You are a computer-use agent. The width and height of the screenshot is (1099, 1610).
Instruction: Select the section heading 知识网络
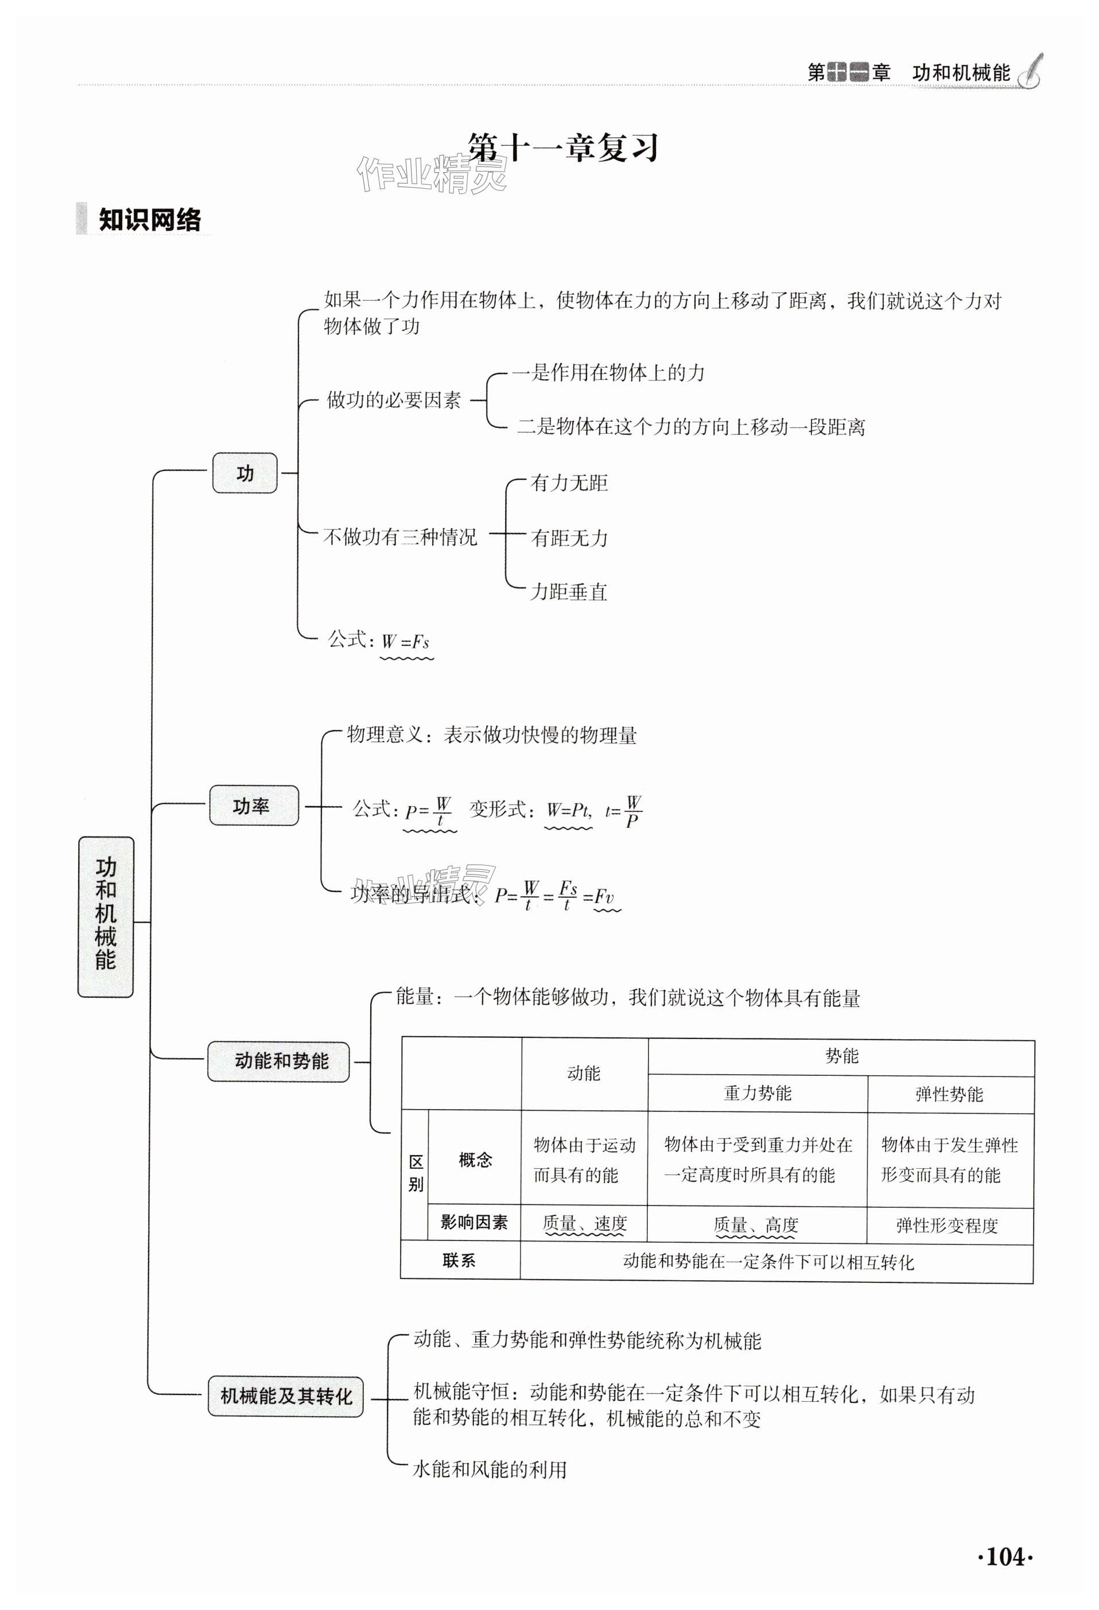tap(149, 220)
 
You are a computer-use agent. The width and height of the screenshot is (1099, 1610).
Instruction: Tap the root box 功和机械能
tap(106, 916)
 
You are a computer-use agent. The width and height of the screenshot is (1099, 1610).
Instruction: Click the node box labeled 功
tap(244, 473)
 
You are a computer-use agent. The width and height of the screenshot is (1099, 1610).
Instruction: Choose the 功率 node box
tap(254, 806)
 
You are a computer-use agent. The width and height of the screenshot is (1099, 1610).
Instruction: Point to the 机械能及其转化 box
tap(285, 1396)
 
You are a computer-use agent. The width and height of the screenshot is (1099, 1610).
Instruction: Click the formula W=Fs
tap(406, 641)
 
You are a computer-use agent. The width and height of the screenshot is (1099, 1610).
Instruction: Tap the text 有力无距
tap(568, 483)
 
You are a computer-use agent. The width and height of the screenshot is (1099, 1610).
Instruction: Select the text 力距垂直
tap(568, 592)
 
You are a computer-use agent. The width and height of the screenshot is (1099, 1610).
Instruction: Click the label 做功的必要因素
tap(394, 400)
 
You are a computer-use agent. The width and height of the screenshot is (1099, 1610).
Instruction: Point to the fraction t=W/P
tap(624, 811)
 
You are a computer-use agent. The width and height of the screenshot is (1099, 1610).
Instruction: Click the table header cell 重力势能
tap(757, 1093)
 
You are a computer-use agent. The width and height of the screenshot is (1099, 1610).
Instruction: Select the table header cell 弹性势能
tap(949, 1094)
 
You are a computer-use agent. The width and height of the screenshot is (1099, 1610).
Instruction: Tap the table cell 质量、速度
tap(584, 1224)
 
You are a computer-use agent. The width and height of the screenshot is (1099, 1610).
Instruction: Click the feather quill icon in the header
tap(1030, 71)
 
